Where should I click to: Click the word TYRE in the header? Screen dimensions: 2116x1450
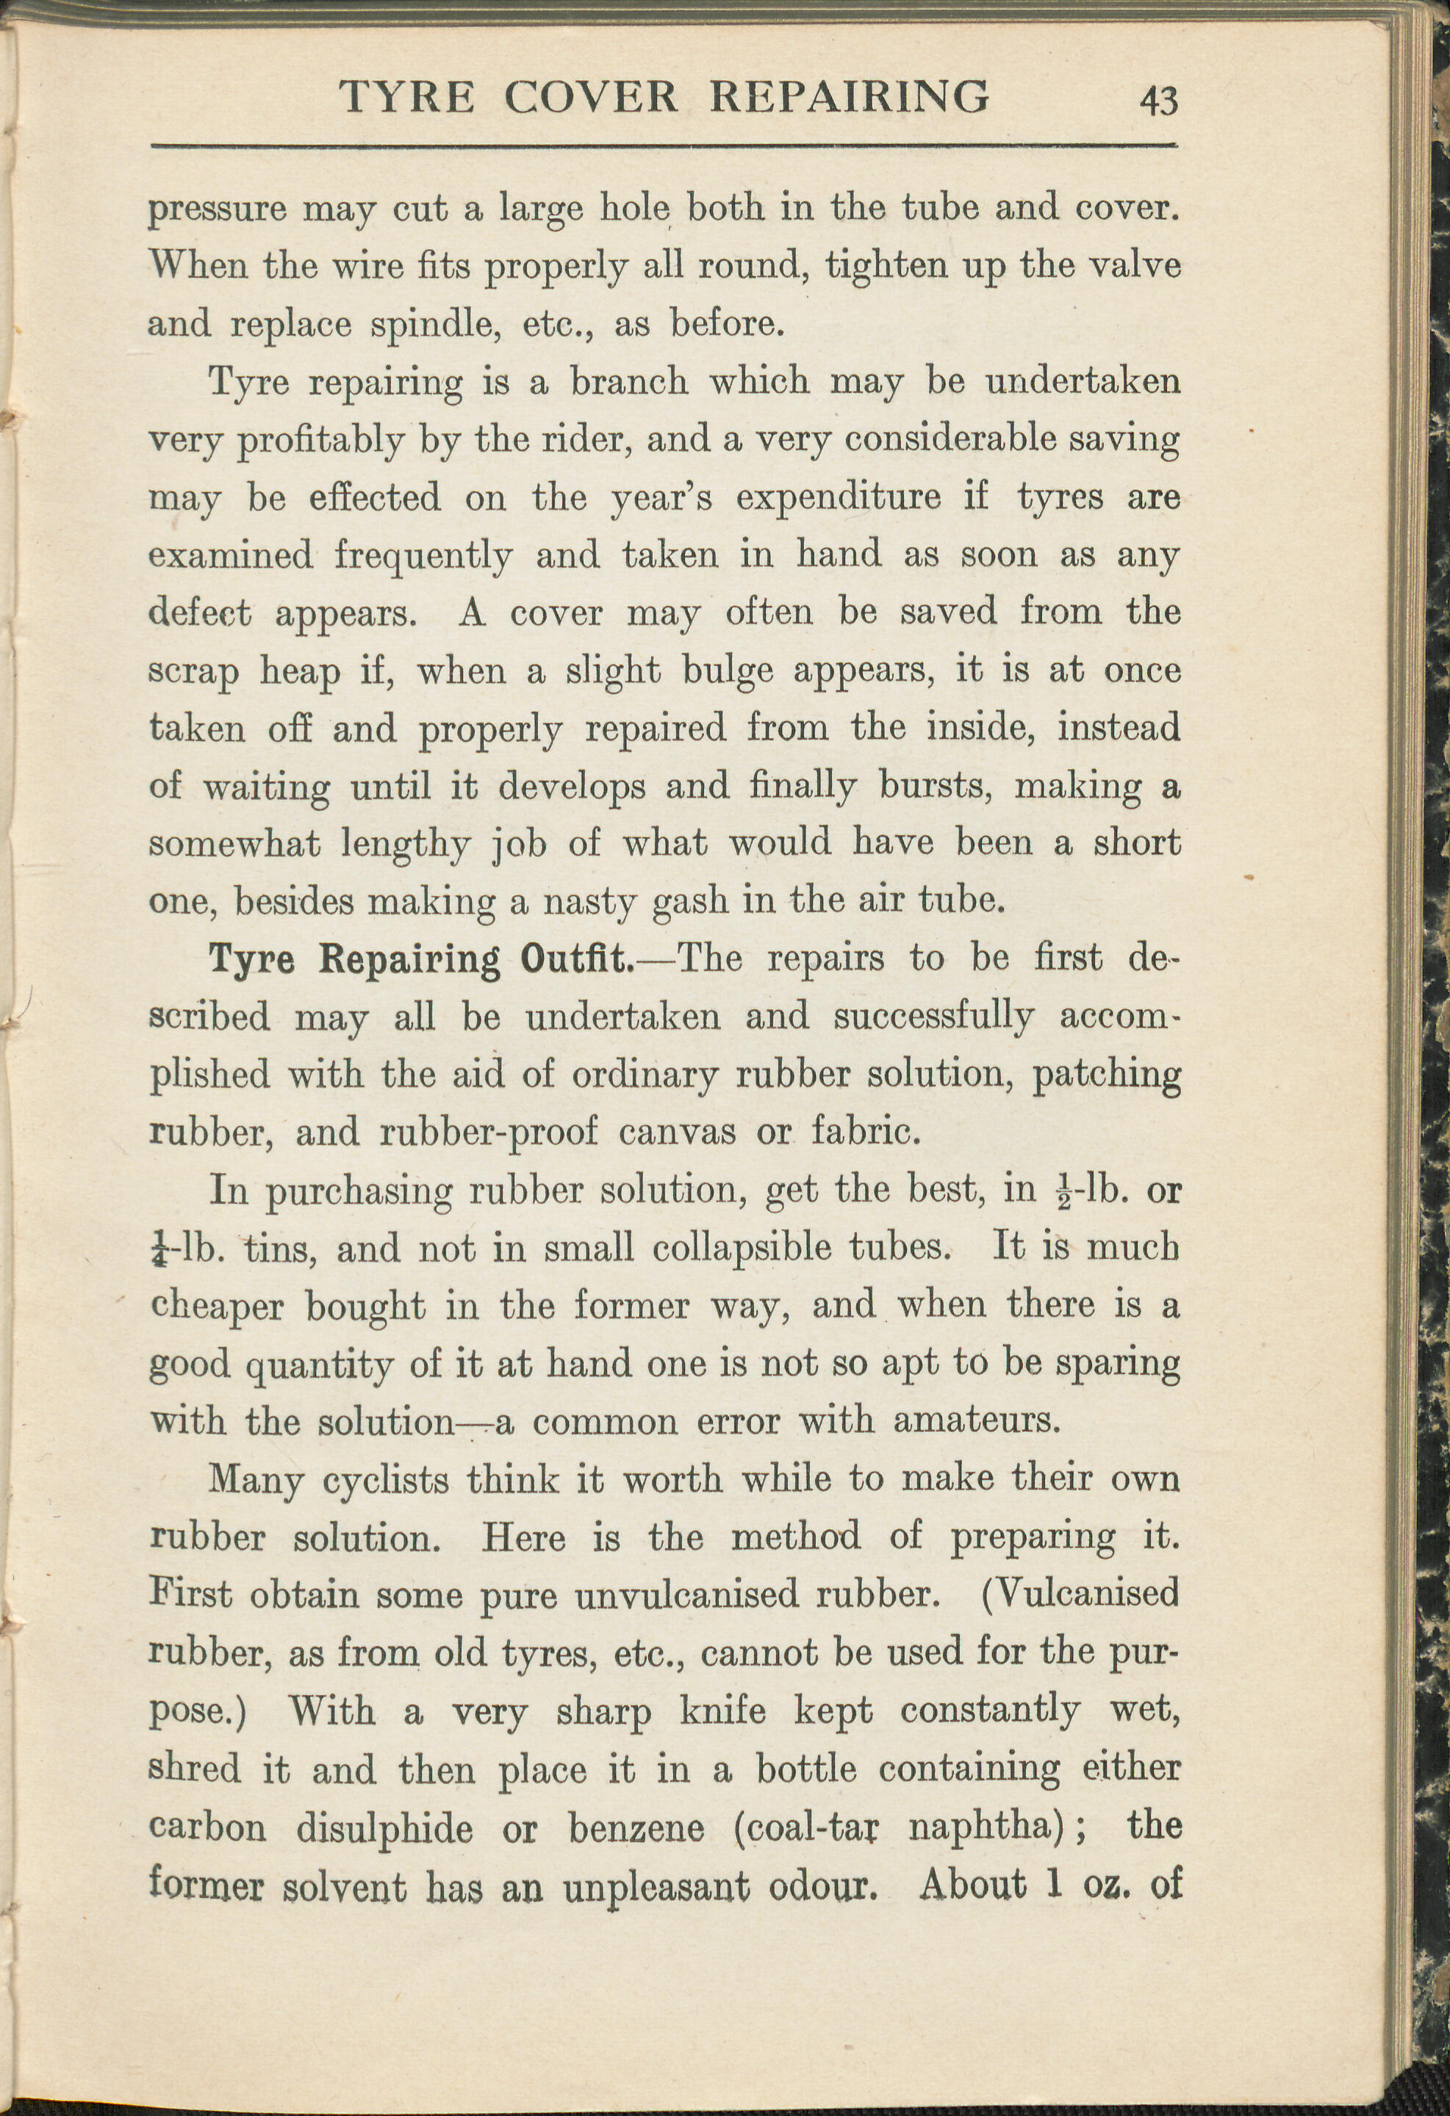(406, 96)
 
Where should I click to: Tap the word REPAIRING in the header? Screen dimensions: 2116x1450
(849, 96)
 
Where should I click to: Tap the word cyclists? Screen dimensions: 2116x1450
(385, 1479)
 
